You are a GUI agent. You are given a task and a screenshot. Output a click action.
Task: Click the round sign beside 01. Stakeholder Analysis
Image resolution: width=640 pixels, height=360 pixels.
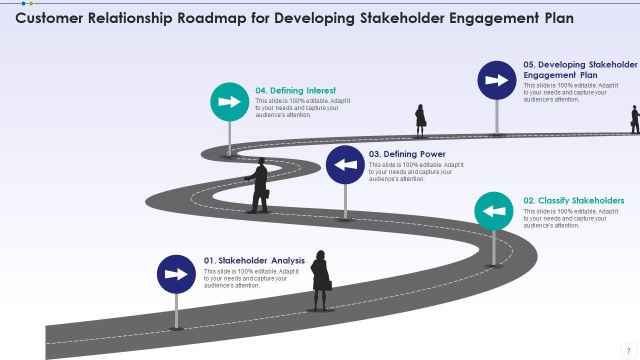tap(176, 274)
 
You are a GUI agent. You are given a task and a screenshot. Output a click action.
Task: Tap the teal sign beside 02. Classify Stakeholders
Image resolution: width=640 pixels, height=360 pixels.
tap(493, 211)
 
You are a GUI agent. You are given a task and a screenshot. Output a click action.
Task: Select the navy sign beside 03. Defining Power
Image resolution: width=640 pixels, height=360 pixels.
tap(345, 164)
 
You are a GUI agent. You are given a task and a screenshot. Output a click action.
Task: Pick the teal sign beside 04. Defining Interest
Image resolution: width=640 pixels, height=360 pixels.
tap(229, 102)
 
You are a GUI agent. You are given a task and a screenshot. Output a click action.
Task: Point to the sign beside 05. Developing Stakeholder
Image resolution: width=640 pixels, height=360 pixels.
tap(496, 80)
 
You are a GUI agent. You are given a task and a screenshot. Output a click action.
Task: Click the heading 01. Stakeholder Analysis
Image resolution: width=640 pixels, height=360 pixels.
tap(254, 260)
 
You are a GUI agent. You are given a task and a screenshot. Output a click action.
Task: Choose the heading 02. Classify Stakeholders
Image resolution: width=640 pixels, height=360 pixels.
tap(573, 200)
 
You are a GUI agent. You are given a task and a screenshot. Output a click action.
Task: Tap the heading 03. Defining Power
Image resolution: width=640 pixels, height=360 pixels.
tap(407, 154)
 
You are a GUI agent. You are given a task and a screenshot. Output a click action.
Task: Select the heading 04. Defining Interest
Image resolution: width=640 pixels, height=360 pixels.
tap(295, 90)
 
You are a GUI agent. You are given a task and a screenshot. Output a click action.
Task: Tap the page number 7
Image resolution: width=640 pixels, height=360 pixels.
tap(628, 351)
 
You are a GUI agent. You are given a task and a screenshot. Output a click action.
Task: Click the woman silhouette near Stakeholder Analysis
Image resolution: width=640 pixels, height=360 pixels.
tap(320, 280)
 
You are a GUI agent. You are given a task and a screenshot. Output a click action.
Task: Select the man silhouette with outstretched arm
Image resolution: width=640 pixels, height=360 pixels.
tap(258, 185)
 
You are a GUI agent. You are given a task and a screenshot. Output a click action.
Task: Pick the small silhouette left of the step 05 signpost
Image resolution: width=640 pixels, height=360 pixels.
tap(420, 120)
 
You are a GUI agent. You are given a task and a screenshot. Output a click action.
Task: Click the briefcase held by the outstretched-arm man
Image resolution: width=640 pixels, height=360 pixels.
tap(266, 194)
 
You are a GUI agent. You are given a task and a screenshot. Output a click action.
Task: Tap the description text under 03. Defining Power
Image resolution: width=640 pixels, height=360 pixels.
tap(416, 171)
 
